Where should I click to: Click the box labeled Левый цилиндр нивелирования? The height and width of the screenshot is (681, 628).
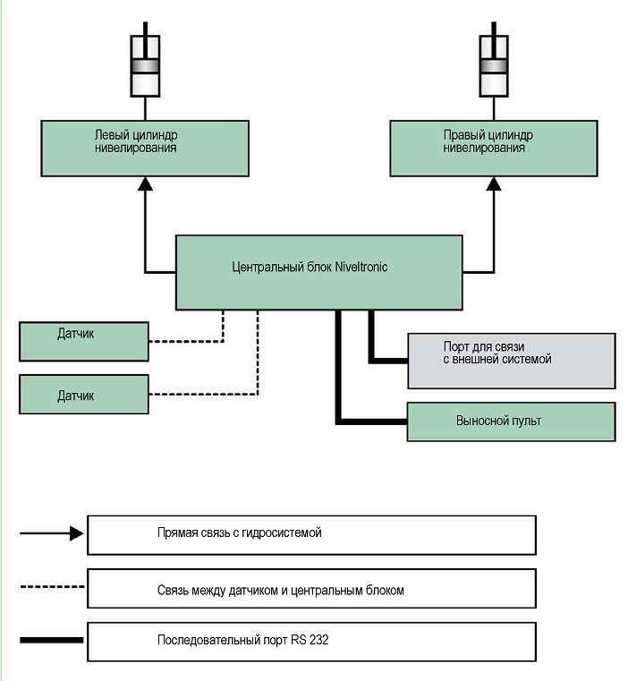click(x=145, y=149)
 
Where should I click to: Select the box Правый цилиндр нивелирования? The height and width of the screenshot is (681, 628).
click(x=494, y=149)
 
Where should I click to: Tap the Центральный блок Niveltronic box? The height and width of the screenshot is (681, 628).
click(x=319, y=273)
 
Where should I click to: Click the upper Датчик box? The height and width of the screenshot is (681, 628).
click(x=84, y=341)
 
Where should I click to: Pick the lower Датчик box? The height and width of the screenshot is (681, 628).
click(x=84, y=395)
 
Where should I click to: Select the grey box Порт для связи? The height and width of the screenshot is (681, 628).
click(x=512, y=361)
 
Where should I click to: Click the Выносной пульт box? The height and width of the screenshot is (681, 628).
click(x=511, y=421)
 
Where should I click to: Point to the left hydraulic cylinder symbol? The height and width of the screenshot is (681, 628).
click(x=145, y=65)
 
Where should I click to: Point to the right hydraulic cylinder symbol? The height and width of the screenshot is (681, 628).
click(x=494, y=65)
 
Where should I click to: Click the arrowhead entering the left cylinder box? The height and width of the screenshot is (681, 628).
click(x=145, y=183)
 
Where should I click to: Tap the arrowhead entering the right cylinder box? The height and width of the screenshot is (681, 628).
click(x=494, y=183)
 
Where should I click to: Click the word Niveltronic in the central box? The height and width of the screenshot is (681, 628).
click(x=361, y=267)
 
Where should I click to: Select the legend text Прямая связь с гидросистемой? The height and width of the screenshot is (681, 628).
click(x=239, y=533)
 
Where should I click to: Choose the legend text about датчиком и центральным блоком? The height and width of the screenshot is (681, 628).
click(x=281, y=591)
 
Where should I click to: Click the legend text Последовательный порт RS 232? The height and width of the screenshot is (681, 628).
click(x=242, y=640)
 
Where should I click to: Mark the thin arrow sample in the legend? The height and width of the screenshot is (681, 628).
click(x=52, y=533)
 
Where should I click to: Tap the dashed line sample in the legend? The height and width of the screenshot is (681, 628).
click(x=52, y=587)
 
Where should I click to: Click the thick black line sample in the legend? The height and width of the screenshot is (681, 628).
click(x=51, y=640)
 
